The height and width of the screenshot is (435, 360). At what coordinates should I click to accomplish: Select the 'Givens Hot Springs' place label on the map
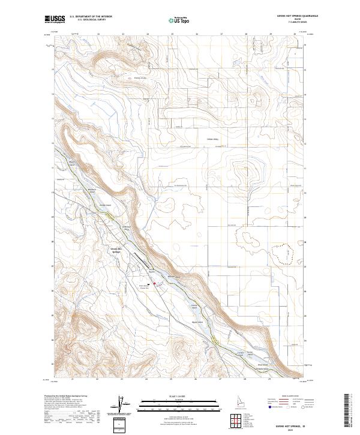116,250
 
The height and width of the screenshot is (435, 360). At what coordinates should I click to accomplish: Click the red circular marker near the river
153,284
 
